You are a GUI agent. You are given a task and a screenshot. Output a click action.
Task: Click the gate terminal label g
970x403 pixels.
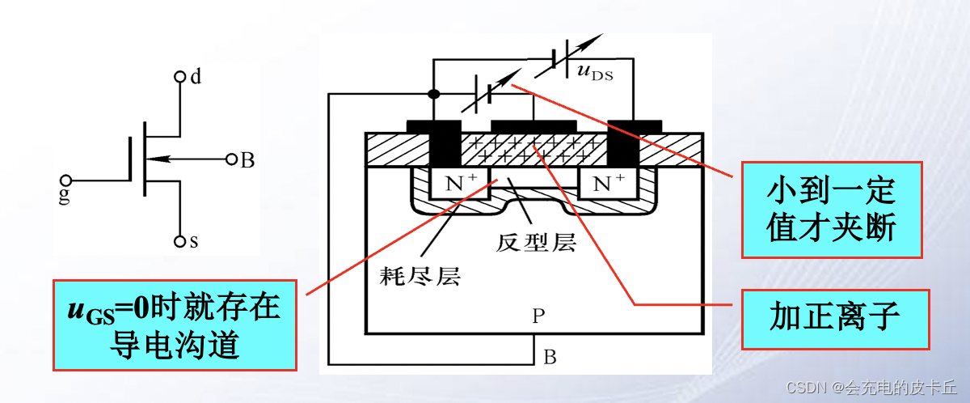pyautogui.click(x=65, y=196)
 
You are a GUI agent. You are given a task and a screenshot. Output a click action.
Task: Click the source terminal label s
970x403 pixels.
pyautogui.click(x=194, y=241)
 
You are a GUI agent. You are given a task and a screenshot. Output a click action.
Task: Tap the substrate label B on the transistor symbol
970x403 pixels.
pyautogui.click(x=247, y=160)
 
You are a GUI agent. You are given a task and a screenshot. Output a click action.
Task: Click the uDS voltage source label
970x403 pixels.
pyautogui.click(x=595, y=73)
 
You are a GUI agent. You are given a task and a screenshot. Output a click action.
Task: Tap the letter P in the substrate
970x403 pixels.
pyautogui.click(x=539, y=316)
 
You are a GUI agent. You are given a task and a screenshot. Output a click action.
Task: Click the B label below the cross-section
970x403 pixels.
pyautogui.click(x=549, y=357)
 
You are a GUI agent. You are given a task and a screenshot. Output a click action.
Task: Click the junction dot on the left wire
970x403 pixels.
pyautogui.click(x=434, y=94)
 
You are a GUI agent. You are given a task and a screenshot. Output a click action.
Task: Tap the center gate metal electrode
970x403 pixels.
pyautogui.click(x=533, y=125)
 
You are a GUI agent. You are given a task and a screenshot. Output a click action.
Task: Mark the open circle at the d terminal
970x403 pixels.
pyautogui.click(x=179, y=78)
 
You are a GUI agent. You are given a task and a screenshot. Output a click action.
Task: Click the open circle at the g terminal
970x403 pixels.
pyautogui.click(x=65, y=180)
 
